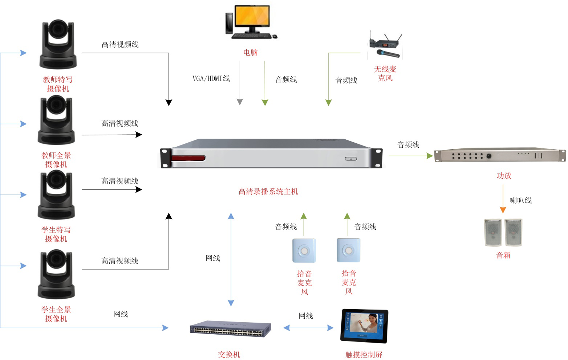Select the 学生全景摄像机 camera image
(56, 274)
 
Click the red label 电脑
(250, 53)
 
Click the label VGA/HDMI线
(211, 78)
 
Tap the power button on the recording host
(350, 159)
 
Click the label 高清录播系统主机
(268, 192)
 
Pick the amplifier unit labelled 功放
(500, 155)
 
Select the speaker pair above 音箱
(503, 233)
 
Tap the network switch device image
(230, 328)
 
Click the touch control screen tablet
(364, 326)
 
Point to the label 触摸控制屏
(364, 355)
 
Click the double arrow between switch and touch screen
(308, 328)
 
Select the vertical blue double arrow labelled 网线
(231, 259)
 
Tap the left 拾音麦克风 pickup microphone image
(304, 250)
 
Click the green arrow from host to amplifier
(410, 156)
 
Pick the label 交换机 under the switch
(229, 354)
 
